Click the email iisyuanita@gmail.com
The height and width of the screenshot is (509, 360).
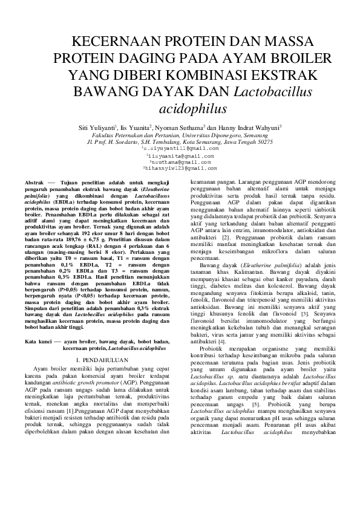click(x=180, y=155)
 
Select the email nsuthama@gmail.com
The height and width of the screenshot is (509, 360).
click(x=180, y=162)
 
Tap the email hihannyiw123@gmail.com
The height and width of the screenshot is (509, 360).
click(x=180, y=169)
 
